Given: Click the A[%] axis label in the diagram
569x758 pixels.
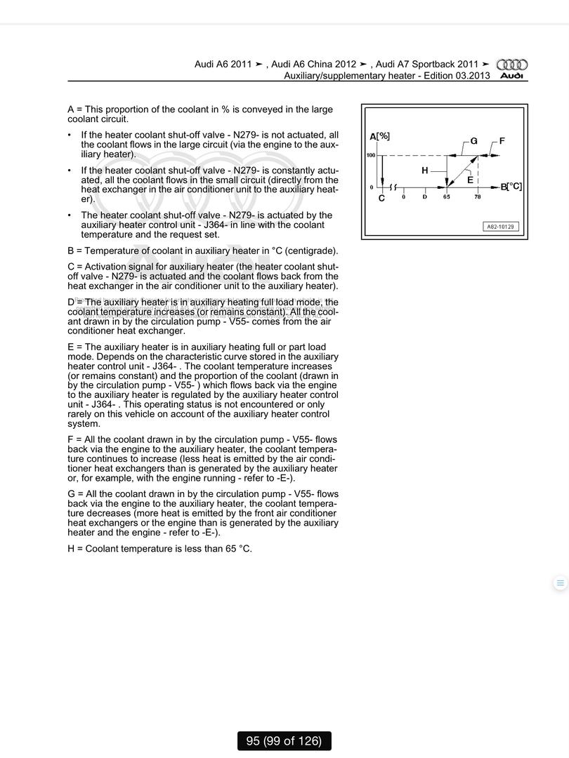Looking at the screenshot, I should point(379,136).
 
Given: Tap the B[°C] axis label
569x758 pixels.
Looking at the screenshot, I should point(511,187).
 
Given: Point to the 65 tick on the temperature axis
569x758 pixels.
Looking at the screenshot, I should point(447,197).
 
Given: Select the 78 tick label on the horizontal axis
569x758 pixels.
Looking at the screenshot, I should point(478,197).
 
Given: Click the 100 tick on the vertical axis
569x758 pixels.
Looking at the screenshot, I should point(371,155).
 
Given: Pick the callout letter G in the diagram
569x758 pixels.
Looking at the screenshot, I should point(474,141).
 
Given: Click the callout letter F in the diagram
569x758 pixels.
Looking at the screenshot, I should point(502,141).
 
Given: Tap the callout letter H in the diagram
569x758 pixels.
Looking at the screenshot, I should point(425,171).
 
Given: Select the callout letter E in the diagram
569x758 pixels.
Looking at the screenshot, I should point(470,180).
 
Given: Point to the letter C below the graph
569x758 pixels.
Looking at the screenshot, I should point(381,199).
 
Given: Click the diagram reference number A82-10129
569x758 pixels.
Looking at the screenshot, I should point(501,227).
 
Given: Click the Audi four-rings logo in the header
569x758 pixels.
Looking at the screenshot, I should point(512,65).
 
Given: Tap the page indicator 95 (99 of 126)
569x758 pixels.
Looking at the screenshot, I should point(284,740).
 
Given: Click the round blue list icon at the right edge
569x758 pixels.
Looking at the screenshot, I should point(560,583).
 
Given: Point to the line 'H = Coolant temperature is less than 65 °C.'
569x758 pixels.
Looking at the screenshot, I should point(159,548).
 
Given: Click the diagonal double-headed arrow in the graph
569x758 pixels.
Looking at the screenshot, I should point(463,171).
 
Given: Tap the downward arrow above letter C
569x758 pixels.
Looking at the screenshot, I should point(381,172).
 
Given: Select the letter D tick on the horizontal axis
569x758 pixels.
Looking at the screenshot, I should point(424,197).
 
